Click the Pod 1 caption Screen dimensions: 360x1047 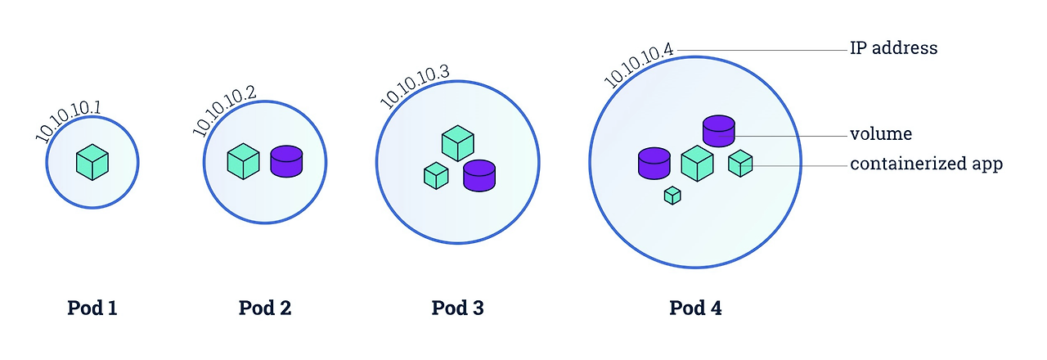click(x=92, y=308)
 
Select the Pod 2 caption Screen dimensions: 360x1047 click(x=265, y=308)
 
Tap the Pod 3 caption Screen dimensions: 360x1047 click(x=458, y=308)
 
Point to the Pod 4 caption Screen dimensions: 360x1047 click(x=696, y=308)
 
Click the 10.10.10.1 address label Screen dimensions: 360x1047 click(x=68, y=122)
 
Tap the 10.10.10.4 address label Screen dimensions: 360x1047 click(x=639, y=65)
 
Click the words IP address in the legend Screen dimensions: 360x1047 click(x=894, y=49)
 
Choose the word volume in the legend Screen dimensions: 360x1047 click(x=881, y=134)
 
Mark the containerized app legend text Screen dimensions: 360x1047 click(x=926, y=164)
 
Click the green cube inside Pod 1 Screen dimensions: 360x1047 click(x=92, y=162)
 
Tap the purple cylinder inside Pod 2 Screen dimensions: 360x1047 click(x=286, y=161)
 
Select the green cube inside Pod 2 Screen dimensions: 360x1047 click(x=243, y=160)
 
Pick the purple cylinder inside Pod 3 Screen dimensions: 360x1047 click(x=479, y=175)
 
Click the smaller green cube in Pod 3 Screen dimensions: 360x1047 click(x=436, y=174)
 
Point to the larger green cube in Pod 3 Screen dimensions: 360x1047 click(x=458, y=143)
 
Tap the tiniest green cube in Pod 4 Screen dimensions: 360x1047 click(x=672, y=196)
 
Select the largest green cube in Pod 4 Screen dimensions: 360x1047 click(x=697, y=163)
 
